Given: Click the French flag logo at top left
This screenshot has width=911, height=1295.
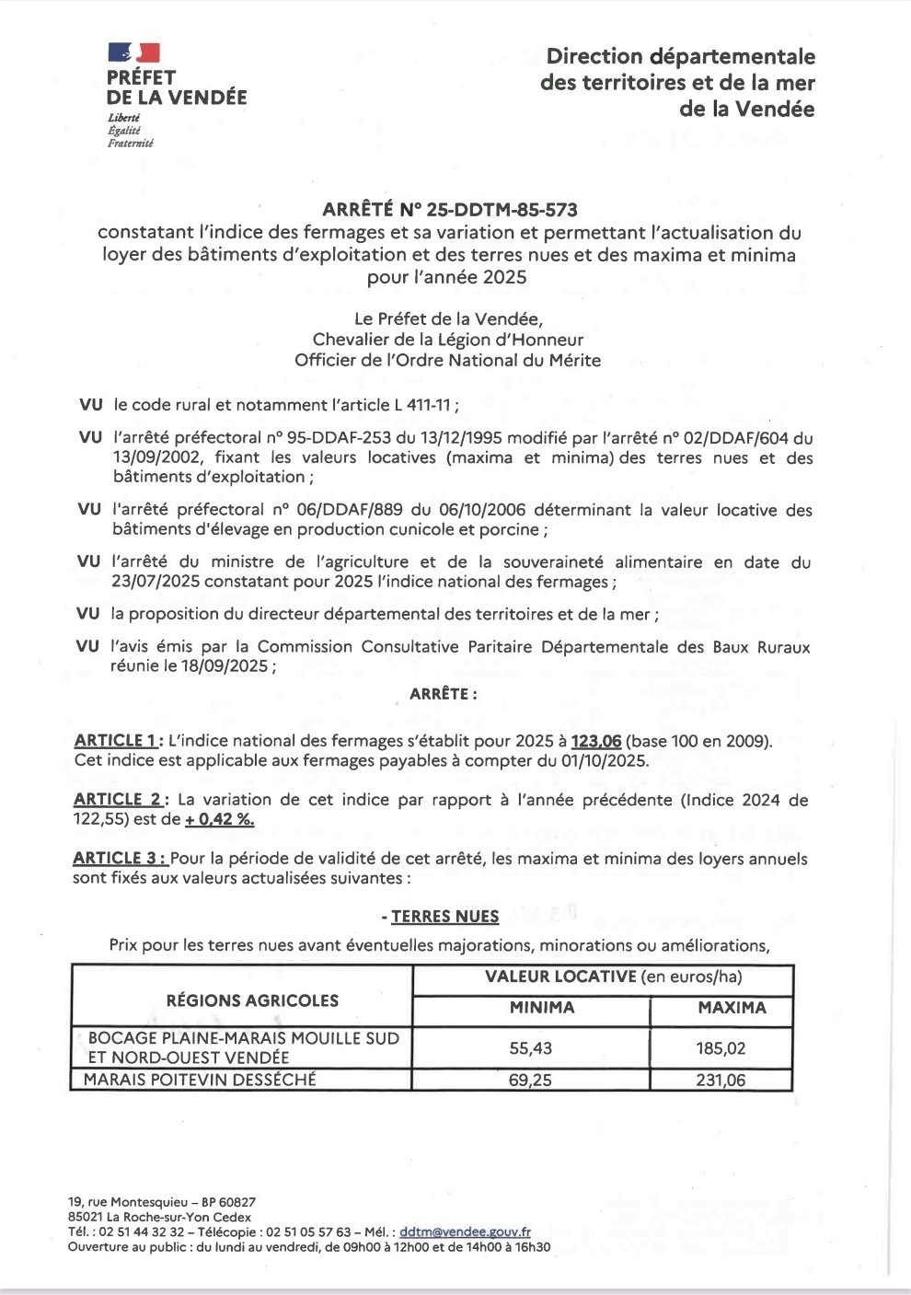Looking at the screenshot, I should point(133,53).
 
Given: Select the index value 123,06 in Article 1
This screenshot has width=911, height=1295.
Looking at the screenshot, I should point(596,742).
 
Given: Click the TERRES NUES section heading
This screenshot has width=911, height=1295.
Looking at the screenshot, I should point(444,916).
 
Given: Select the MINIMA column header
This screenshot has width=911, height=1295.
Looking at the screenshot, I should point(542,1008).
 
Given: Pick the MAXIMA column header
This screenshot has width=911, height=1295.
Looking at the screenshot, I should point(732,1008).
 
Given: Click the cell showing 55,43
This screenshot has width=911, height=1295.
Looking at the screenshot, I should point(530,1047).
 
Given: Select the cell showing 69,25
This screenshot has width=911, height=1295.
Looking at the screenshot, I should point(530,1081).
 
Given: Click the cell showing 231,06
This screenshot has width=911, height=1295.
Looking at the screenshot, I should point(721,1081).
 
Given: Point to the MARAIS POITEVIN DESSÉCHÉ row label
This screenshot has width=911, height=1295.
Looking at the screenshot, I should point(200,1080).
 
